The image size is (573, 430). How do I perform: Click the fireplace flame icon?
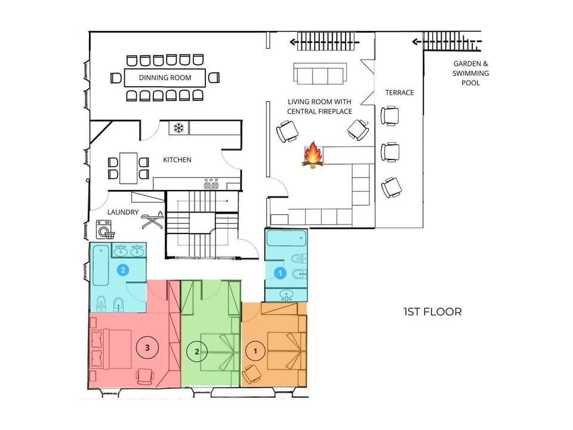[313, 155]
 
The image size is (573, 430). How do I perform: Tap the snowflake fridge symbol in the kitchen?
[178, 128]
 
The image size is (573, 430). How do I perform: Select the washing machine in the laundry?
[104, 229]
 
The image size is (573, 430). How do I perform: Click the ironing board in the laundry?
[153, 220]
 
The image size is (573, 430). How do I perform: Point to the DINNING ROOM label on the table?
[165, 78]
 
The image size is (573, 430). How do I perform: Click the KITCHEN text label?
[177, 160]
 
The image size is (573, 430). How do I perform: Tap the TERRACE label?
[399, 93]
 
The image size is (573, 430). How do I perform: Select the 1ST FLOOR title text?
[433, 312]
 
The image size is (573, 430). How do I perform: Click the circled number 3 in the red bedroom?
[147, 348]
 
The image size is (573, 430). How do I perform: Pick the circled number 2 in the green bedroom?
[197, 352]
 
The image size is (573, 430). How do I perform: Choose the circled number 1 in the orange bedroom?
[255, 351]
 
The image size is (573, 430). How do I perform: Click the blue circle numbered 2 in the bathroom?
[123, 270]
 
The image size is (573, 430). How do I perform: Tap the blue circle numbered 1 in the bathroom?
[281, 273]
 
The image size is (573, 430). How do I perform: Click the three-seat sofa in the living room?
[320, 73]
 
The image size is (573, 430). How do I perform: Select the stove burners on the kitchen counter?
[211, 185]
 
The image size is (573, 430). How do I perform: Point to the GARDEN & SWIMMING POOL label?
[471, 73]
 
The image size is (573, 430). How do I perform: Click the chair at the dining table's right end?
[214, 78]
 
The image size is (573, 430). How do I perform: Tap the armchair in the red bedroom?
[144, 377]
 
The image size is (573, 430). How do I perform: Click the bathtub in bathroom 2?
[100, 265]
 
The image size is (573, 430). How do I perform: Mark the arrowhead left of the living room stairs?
[292, 42]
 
